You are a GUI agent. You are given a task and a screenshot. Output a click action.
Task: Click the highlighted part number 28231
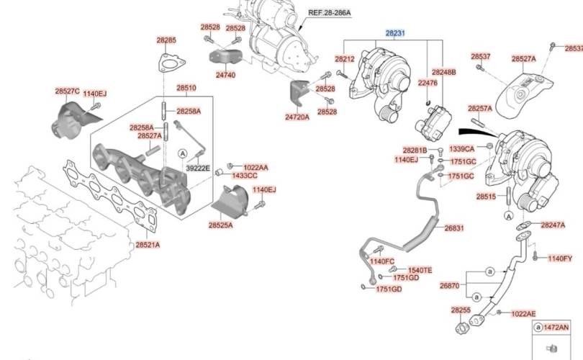(x=394, y=33)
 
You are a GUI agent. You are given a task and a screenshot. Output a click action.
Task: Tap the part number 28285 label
(x=166, y=40)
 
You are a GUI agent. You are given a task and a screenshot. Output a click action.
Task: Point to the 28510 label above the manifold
(x=186, y=88)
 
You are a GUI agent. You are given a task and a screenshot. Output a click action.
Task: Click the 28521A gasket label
(x=148, y=245)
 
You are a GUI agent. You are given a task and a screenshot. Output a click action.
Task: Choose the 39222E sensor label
(x=198, y=168)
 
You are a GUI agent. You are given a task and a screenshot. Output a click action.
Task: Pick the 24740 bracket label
(x=225, y=74)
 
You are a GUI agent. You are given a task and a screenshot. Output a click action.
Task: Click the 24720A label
(x=297, y=116)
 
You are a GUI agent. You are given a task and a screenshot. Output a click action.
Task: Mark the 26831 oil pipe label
(x=453, y=228)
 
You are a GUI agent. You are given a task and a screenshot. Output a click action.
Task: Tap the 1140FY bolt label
(x=560, y=258)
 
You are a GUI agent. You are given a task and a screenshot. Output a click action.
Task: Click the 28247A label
(x=552, y=225)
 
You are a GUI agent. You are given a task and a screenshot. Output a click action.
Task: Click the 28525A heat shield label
(x=220, y=225)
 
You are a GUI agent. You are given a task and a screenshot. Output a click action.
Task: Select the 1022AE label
(x=523, y=313)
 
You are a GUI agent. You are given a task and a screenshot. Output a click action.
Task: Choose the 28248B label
(x=444, y=73)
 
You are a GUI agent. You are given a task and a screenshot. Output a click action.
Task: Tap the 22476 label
(x=428, y=84)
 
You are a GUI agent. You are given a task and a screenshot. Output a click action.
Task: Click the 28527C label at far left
(x=67, y=91)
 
